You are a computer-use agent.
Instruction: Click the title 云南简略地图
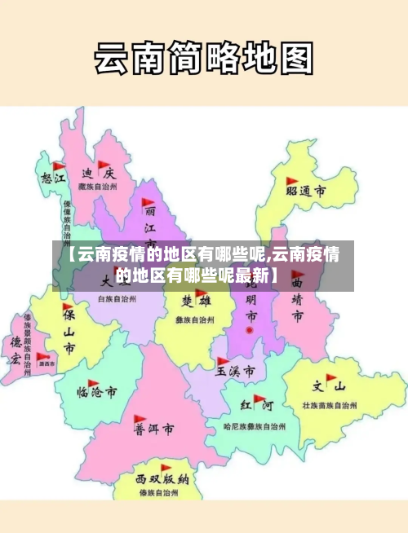[x=203, y=58]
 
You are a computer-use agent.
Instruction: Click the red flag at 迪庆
[x=103, y=165]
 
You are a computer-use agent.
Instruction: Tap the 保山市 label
[x=70, y=332]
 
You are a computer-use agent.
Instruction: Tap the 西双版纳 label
[x=162, y=479]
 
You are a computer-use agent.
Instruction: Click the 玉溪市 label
[x=235, y=371]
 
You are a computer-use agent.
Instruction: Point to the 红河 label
[x=256, y=405]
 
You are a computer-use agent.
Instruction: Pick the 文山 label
[x=329, y=386]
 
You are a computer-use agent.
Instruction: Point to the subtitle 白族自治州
[x=117, y=300]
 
